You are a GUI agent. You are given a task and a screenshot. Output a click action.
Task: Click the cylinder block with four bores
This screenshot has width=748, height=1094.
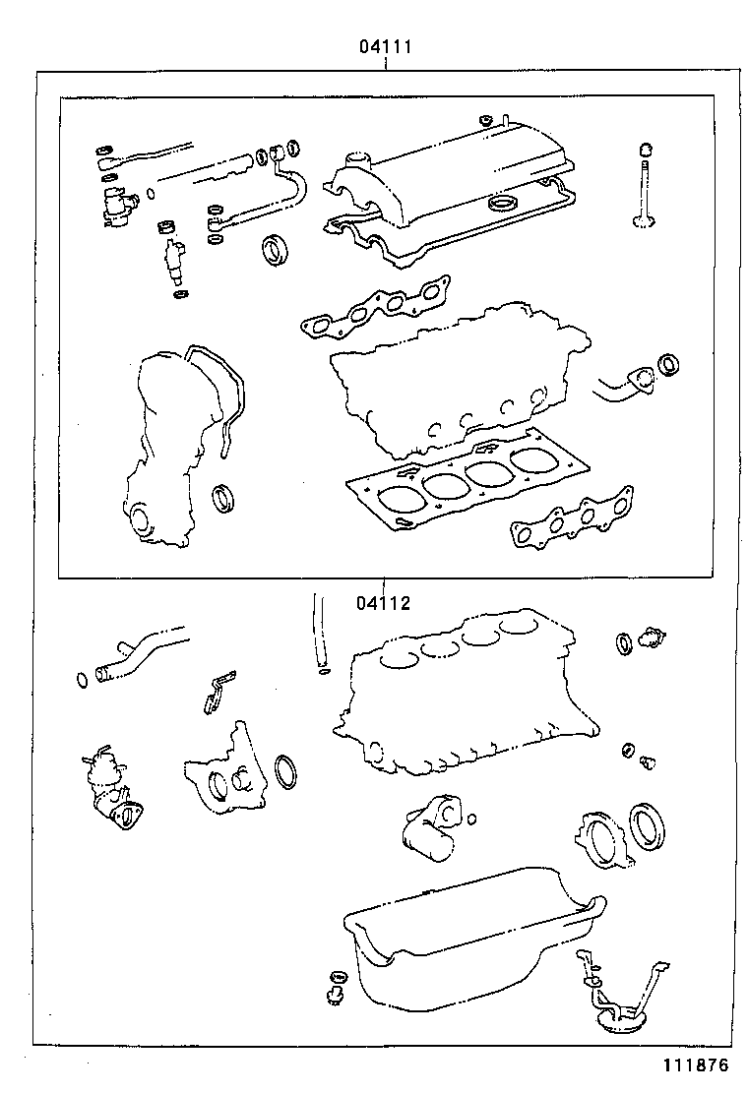tap(463, 699)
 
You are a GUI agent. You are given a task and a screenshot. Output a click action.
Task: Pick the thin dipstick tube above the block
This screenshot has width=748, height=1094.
tap(318, 630)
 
